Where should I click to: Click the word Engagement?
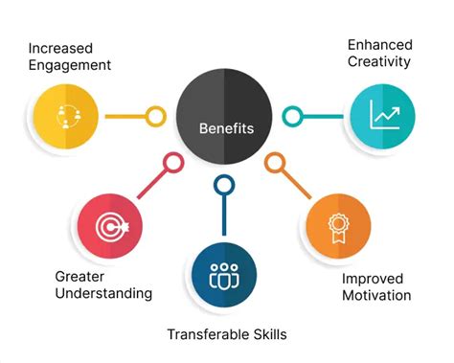point(70,66)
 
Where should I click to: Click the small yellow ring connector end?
point(155,117)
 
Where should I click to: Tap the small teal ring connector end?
point(294,117)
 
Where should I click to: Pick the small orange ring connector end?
point(275,164)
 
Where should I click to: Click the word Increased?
point(66,48)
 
